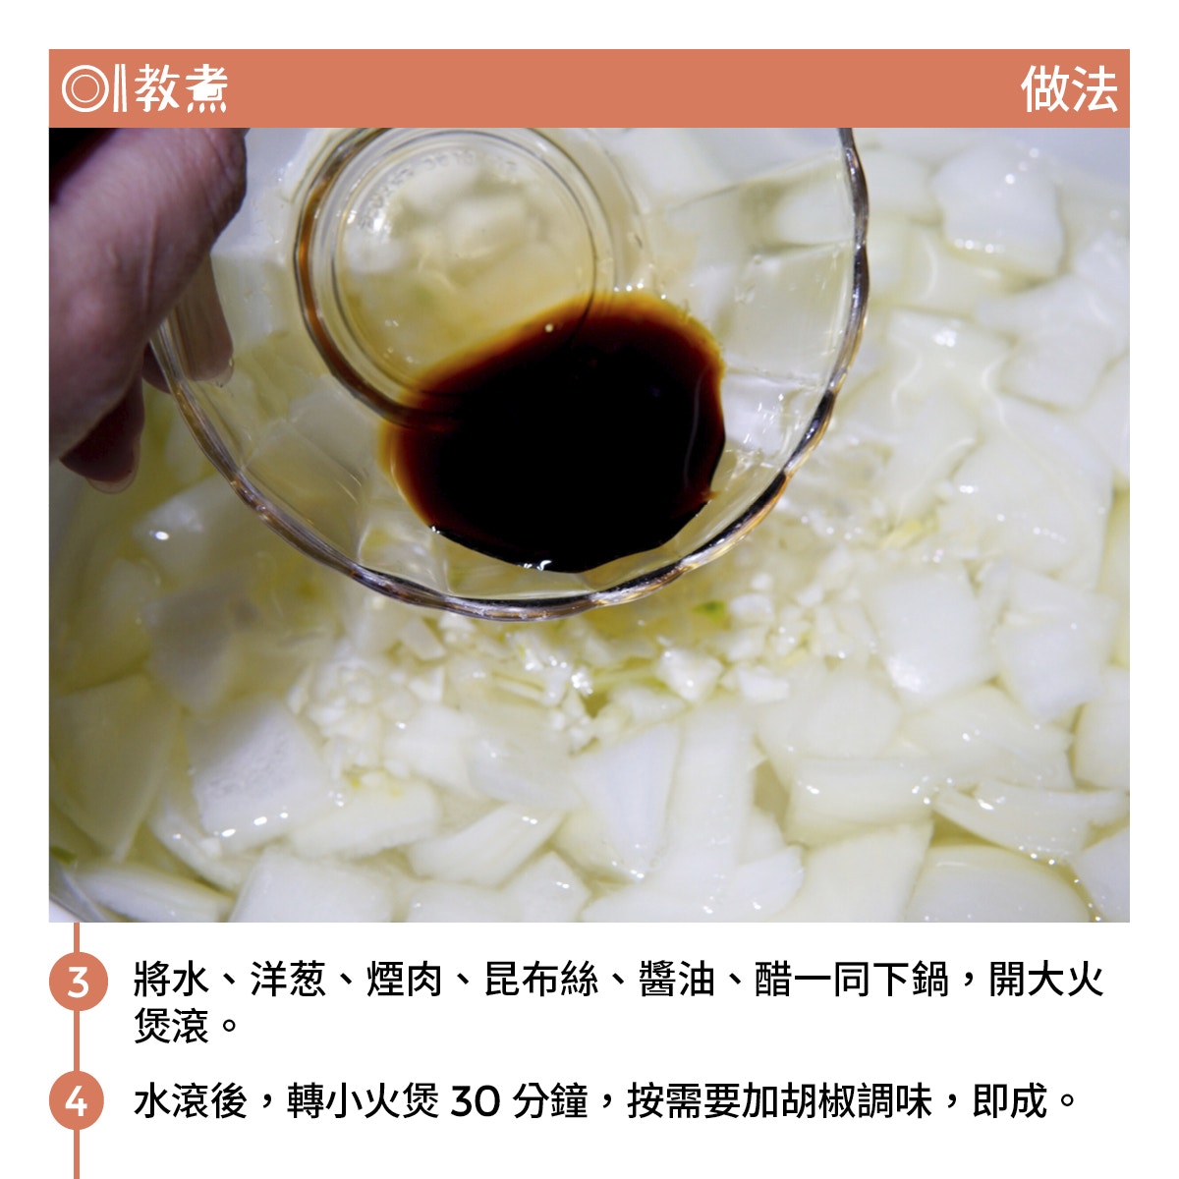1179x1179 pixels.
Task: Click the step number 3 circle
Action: (x=79, y=981)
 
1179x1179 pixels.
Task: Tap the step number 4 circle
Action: (x=77, y=1100)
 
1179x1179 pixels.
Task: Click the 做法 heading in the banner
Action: (x=1069, y=89)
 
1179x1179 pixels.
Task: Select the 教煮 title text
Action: (x=181, y=88)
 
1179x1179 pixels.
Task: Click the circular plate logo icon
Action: (x=85, y=88)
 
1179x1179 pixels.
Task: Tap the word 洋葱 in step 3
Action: (x=288, y=980)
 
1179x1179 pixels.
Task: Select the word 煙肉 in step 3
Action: (x=405, y=980)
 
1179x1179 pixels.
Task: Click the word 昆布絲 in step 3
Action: (x=540, y=980)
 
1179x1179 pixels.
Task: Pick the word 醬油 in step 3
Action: (x=677, y=980)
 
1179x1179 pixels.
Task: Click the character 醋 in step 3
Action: (x=774, y=980)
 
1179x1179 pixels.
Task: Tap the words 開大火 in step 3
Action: (x=1046, y=980)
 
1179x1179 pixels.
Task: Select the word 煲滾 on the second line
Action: (x=172, y=1025)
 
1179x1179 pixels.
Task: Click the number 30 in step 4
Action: (x=476, y=1100)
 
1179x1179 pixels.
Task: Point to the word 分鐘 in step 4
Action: (x=550, y=1100)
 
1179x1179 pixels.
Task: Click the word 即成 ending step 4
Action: (x=1010, y=1100)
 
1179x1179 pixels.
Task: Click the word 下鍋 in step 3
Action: (x=911, y=980)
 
